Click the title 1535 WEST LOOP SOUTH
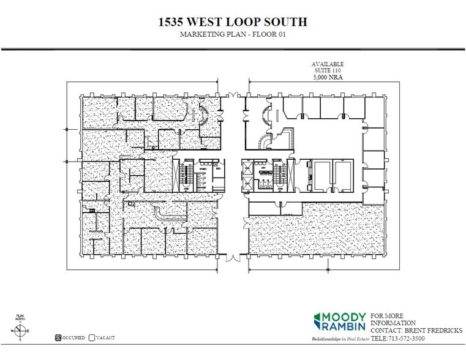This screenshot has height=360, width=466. pyautogui.click(x=233, y=23)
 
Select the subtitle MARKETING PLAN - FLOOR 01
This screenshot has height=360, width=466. pyautogui.click(x=233, y=36)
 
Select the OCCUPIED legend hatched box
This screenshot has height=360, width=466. pyautogui.click(x=58, y=337)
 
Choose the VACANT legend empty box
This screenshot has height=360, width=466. pyautogui.click(x=92, y=337)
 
